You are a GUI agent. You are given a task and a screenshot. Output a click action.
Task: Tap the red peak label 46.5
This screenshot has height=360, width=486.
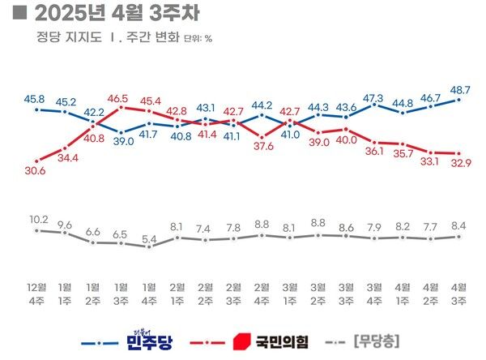[122, 96]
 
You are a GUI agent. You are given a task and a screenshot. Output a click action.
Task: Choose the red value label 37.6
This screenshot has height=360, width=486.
[262, 147]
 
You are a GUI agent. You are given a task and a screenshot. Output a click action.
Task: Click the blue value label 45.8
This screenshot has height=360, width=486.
[36, 98]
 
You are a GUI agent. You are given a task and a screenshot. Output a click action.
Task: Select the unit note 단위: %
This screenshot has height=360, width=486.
[198, 39]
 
